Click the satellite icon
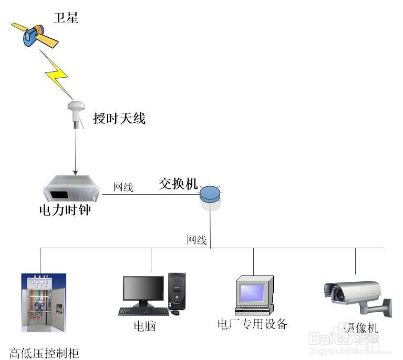click(x=35, y=36)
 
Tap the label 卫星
click(x=66, y=18)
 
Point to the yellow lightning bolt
click(x=57, y=75)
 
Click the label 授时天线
click(x=119, y=119)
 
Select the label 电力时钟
click(x=65, y=210)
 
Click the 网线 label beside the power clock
click(x=123, y=187)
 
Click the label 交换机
click(x=178, y=184)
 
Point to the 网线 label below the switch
click(x=197, y=240)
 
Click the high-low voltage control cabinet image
click(x=44, y=303)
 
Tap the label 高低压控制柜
click(x=44, y=353)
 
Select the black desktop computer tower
click(x=177, y=291)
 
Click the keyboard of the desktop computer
click(x=143, y=312)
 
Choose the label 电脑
click(x=145, y=326)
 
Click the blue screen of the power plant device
click(x=252, y=293)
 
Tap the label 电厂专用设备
click(x=252, y=324)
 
